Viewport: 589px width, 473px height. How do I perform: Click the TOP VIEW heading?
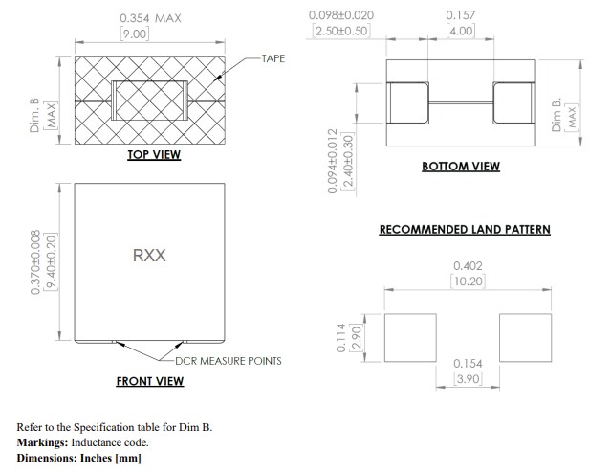tap(154, 155)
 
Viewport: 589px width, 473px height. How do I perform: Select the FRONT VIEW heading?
tap(150, 381)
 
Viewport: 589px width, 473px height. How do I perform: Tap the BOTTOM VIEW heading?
tap(461, 167)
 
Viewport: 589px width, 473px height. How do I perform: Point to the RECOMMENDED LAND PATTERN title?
tap(465, 230)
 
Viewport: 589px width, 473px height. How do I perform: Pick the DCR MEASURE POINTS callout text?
tap(229, 361)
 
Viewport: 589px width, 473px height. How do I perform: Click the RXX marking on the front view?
tap(149, 256)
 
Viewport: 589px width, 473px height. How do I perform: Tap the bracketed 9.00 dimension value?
tap(134, 34)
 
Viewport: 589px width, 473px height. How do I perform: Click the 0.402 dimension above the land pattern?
tap(466, 266)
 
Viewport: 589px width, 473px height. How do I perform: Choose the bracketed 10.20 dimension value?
tap(467, 282)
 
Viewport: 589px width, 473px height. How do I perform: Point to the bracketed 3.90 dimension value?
tap(467, 380)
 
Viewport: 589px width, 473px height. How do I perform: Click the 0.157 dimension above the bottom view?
tap(461, 15)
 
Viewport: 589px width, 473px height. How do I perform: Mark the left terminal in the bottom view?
tap(407, 102)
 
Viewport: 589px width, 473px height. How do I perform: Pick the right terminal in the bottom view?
tap(514, 102)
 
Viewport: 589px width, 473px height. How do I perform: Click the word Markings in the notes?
tap(45, 442)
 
